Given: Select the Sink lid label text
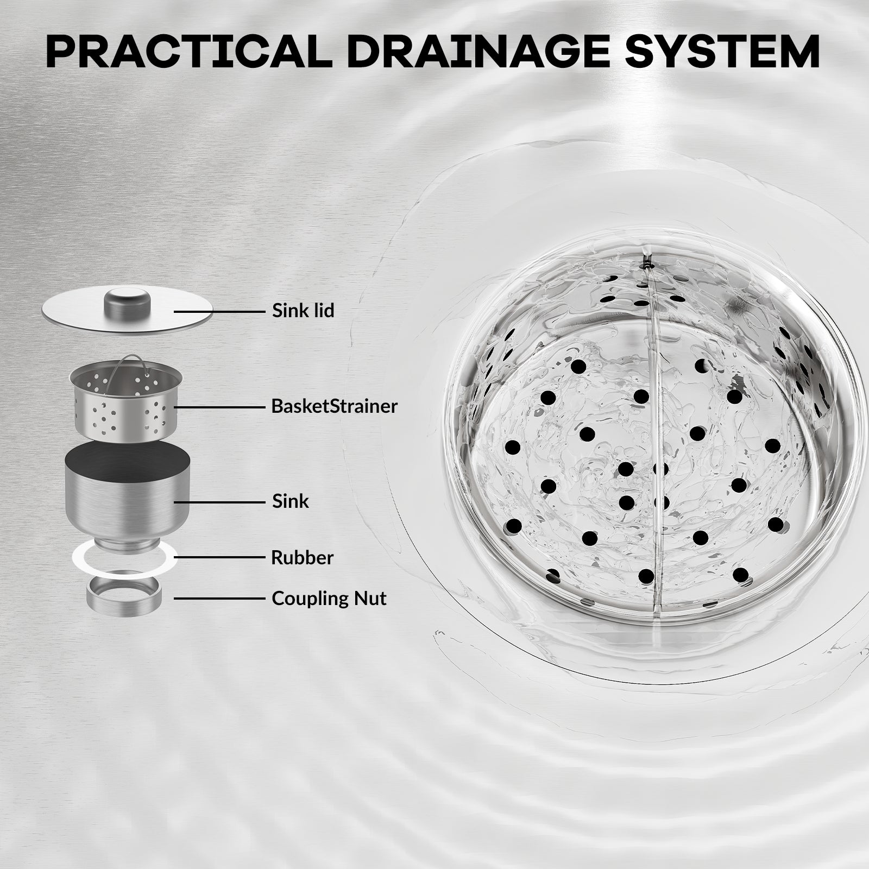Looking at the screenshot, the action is pos(303,311).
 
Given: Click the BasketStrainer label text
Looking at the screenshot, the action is pos(335,406).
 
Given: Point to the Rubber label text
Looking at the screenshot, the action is pos(303,557).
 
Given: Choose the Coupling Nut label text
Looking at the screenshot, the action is pos(329,599).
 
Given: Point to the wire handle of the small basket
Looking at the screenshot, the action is pos(127,361).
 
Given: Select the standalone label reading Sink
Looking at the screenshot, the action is pos(291,501).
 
